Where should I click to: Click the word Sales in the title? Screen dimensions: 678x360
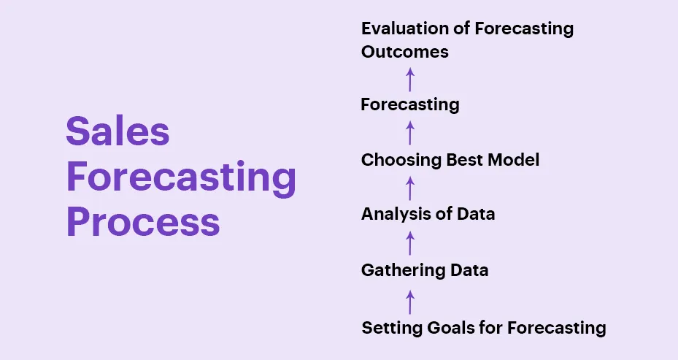(118, 131)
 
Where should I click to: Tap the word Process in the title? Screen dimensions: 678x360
(143, 221)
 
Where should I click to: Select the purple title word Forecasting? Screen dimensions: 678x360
(181, 177)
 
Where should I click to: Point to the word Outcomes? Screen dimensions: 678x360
(405, 52)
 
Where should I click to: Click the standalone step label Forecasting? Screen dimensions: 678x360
(410, 104)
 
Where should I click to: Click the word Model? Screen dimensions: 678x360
(513, 160)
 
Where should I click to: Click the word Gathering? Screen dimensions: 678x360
(403, 270)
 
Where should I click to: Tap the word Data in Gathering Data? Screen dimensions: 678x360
(469, 270)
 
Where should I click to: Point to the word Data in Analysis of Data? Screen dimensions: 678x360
(476, 214)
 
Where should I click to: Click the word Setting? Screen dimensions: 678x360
(392, 328)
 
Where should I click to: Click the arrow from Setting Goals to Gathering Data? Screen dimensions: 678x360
(410, 302)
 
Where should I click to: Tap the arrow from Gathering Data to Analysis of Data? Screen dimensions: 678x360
(410, 243)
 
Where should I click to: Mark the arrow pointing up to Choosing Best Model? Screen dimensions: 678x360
(410, 188)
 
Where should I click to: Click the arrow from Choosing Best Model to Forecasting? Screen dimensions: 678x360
(410, 133)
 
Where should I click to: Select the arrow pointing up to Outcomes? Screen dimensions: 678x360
(410, 79)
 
